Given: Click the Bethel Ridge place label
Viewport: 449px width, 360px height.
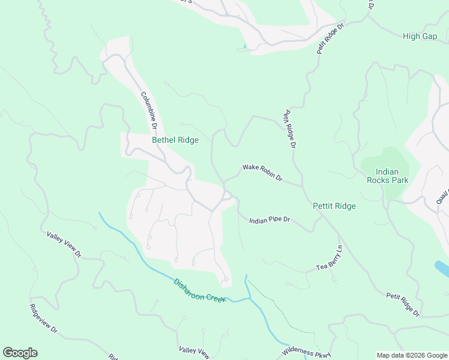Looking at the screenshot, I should [175, 140].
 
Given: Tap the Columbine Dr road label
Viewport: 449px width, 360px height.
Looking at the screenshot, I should [148, 110].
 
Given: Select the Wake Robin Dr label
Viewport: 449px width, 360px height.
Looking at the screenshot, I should [262, 173].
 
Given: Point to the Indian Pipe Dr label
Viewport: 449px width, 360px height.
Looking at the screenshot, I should [270, 220].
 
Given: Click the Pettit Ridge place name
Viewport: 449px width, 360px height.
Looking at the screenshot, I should [334, 206].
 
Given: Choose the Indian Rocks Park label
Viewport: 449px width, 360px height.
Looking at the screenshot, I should [387, 176].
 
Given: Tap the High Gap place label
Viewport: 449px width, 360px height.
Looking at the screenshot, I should [420, 36].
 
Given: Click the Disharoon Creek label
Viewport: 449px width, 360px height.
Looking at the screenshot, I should [199, 290].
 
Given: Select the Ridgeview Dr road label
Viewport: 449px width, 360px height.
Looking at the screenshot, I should [43, 318].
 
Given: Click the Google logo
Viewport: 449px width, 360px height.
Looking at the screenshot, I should [20, 353].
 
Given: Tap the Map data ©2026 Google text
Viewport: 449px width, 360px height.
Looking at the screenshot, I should [411, 355].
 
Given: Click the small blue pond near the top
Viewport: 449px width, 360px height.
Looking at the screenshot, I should [245, 47].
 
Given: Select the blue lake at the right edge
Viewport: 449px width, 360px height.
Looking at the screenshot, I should [441, 267].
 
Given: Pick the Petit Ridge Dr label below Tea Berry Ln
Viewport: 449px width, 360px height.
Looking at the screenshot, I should [403, 304].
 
